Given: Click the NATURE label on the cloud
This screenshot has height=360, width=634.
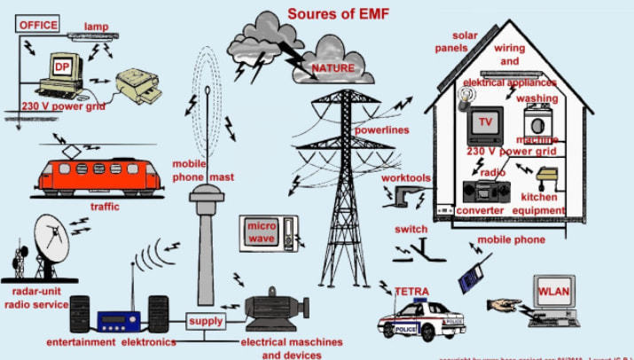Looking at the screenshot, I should (333, 67).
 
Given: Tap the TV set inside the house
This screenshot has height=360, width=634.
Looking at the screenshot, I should (484, 123).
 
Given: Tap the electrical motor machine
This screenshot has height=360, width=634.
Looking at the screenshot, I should (272, 309).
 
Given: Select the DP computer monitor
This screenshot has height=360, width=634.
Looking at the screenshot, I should (61, 69).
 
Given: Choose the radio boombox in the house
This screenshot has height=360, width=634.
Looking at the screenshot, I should (484, 190).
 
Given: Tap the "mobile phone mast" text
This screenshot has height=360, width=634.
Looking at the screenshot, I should (203, 169).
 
